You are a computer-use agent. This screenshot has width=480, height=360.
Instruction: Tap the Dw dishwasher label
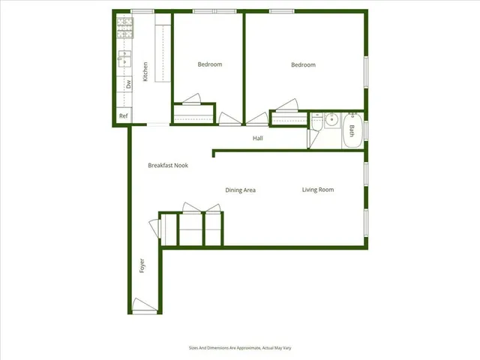128,84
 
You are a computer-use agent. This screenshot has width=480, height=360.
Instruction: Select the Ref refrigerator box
123,116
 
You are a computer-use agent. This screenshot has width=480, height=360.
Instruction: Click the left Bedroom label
210,64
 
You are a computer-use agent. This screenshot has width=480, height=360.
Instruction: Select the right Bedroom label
303,65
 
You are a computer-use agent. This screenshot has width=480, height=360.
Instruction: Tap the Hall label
257,138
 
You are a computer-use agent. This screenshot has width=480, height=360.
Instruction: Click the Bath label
351,130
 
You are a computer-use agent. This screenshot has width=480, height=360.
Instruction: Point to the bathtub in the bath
352,130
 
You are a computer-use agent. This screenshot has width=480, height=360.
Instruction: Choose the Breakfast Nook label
168,165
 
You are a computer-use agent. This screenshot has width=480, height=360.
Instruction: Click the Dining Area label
241,190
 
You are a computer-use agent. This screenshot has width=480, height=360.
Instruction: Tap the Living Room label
318,190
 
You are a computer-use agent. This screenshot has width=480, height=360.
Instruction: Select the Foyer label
141,265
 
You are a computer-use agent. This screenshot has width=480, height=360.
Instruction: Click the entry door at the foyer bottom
144,306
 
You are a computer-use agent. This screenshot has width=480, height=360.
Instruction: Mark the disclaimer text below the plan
240,348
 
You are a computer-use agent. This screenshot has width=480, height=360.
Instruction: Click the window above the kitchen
142,11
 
